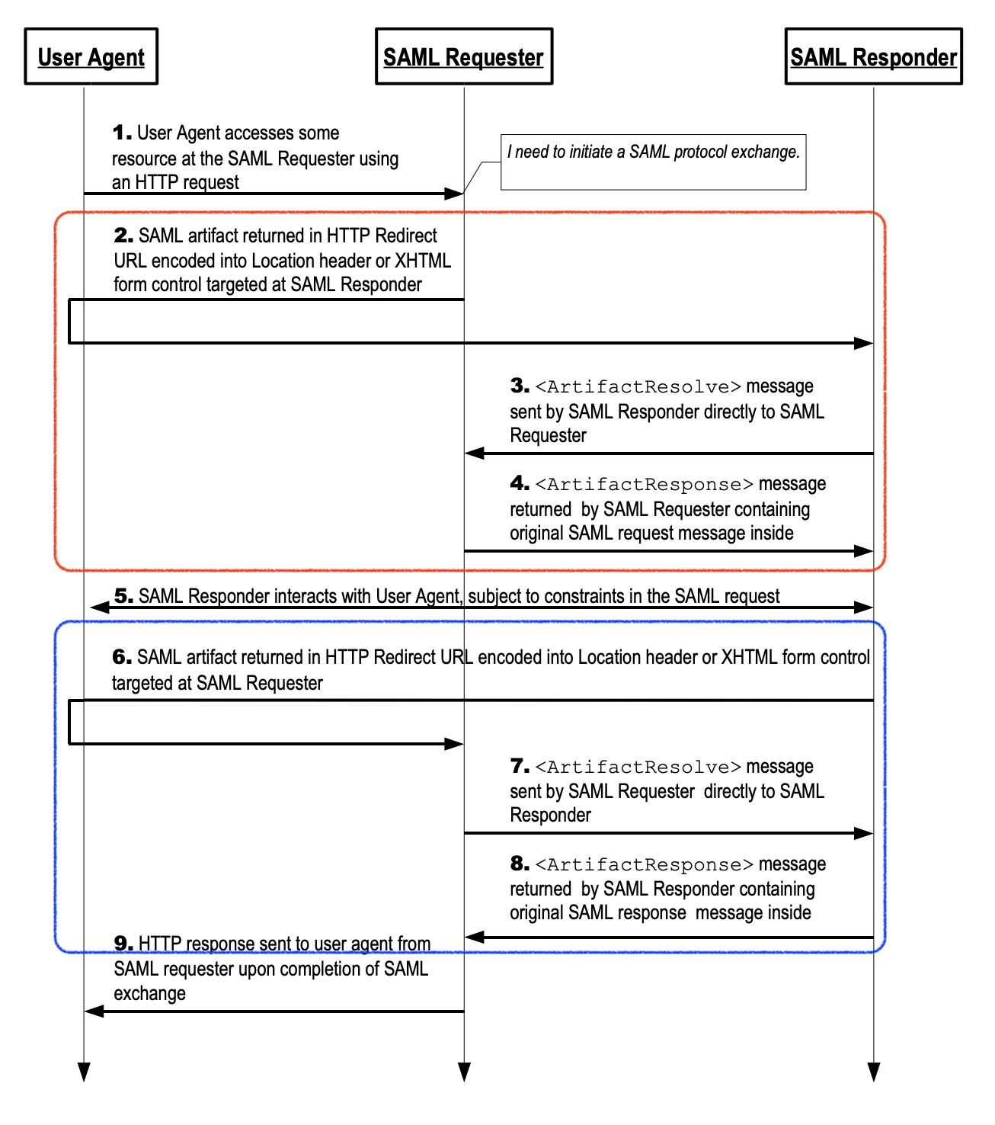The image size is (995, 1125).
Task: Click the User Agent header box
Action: point(91,56)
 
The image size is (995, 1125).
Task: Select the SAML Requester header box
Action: point(463,56)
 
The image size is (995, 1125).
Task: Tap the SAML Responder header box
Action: point(873,56)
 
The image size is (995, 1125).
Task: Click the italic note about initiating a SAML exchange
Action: point(653,152)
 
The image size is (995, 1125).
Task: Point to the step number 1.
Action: point(122,133)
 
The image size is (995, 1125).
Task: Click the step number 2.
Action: point(123,236)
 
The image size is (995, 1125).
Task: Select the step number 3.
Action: point(520,386)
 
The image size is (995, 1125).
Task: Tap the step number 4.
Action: point(520,483)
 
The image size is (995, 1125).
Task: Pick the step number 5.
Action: point(123,595)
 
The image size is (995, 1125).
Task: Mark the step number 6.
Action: point(122,656)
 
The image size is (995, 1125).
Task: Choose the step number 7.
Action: point(520,766)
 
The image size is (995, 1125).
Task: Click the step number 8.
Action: point(520,864)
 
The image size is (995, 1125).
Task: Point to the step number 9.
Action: point(123,944)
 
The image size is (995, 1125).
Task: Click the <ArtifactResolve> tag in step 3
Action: point(638,386)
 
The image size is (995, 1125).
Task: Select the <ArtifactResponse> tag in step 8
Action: point(645,864)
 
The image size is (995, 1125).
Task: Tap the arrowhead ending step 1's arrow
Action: point(455,194)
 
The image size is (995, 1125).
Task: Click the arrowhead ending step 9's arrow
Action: point(94,1011)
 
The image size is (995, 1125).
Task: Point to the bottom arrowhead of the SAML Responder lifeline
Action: point(873,1072)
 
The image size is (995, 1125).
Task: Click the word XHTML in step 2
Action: point(423,261)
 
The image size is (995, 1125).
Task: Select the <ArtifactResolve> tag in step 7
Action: point(638,767)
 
